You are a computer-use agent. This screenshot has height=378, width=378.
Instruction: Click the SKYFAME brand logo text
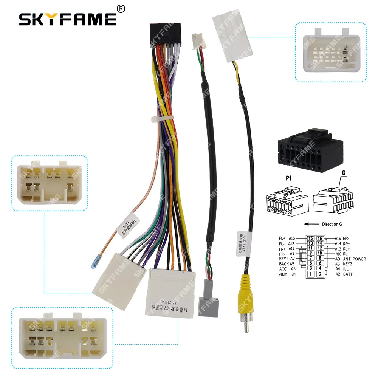pos(68,19)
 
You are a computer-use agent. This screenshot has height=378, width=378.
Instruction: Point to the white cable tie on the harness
pos(160,119)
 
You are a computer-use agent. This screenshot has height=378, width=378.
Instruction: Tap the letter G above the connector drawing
pos(333,173)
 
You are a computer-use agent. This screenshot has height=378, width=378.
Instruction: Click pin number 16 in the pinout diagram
pos(320,239)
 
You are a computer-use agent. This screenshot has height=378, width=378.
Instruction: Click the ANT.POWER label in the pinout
pos(355,259)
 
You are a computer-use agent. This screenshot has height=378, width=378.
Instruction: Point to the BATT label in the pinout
pos(348,274)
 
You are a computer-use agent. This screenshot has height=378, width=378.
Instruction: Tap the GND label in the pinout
pos(283,274)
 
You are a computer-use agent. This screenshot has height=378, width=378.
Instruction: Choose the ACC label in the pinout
pos(283,269)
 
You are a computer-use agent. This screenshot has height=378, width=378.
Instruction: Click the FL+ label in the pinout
pos(282,239)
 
